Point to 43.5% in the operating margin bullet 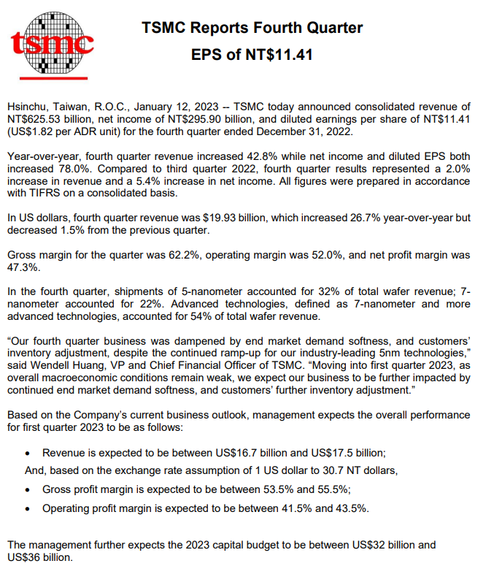[352, 508]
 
